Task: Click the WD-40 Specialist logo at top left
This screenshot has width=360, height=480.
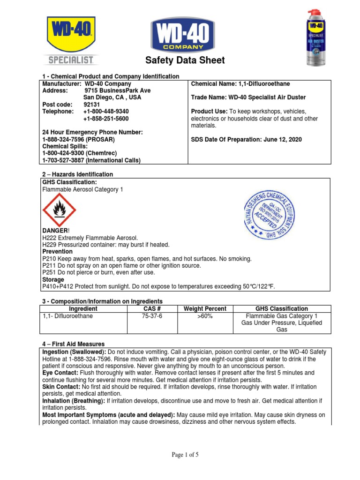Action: (71, 39)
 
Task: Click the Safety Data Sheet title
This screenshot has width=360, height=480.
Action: (185, 60)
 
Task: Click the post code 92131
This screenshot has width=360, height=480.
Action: (92, 105)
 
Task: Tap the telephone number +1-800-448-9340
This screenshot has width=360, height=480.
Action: (106, 112)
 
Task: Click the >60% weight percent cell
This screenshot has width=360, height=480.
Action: (205, 316)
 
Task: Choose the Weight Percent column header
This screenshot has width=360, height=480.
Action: (205, 308)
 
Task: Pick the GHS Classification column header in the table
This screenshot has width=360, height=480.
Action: (281, 308)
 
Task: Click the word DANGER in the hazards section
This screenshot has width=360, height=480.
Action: (55, 232)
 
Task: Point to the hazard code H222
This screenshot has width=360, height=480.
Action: (49, 238)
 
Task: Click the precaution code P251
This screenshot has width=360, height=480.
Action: (49, 272)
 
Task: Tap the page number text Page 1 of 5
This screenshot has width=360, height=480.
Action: (185, 454)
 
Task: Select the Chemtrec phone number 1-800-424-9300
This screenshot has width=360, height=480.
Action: (66, 154)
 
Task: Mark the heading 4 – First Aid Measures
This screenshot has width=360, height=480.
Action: (74, 344)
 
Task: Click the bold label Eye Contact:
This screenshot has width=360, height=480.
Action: (60, 373)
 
